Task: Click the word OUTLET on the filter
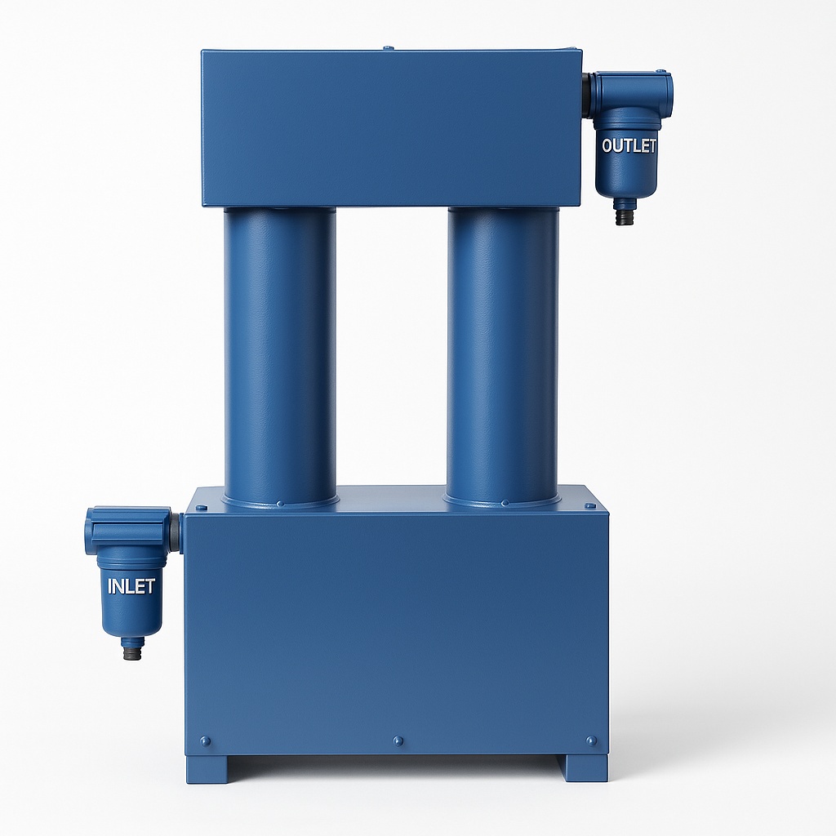pyautogui.click(x=628, y=146)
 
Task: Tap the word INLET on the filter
pyautogui.click(x=131, y=586)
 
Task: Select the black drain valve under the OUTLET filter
pyautogui.click(x=625, y=215)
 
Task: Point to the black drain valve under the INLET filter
pyautogui.click(x=132, y=650)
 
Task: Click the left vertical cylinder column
pyautogui.click(x=280, y=351)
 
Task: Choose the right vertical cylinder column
pyautogui.click(x=502, y=351)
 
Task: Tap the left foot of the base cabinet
pyautogui.click(x=207, y=768)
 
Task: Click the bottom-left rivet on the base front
pyautogui.click(x=205, y=741)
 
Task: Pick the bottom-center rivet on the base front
pyautogui.click(x=398, y=741)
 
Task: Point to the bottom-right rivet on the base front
pyautogui.click(x=591, y=741)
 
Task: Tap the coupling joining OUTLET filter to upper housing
pyautogui.click(x=586, y=94)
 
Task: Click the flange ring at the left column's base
pyautogui.click(x=280, y=499)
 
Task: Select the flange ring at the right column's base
pyautogui.click(x=502, y=497)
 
